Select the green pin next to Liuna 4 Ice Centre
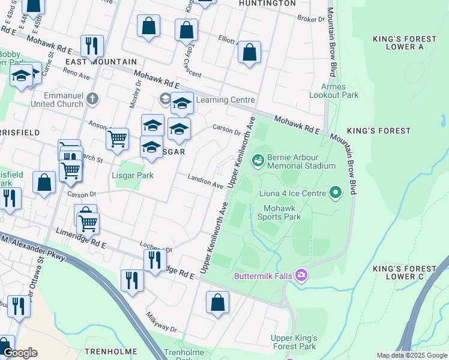pyautogui.click(x=336, y=193)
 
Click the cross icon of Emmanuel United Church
pyautogui.click(x=92, y=98)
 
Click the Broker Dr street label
pyautogui.click(x=311, y=19)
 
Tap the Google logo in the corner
pyautogui.click(x=19, y=353)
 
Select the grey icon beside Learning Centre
pyautogui.click(x=164, y=99)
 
